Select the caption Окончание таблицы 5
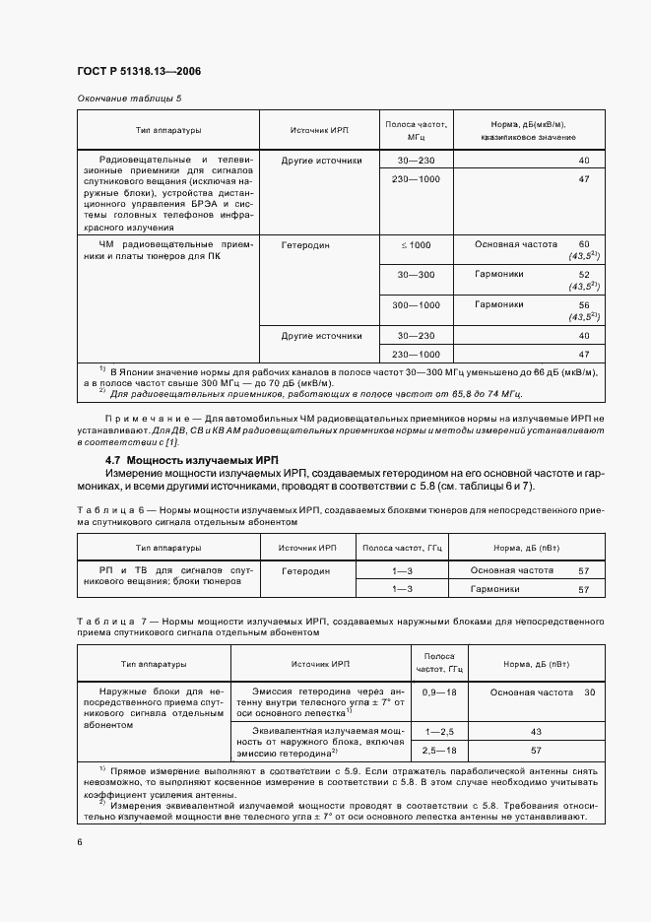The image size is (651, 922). (129, 99)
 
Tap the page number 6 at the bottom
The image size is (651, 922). (79, 841)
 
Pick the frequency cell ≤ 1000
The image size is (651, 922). (415, 244)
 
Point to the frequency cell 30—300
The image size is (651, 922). (415, 275)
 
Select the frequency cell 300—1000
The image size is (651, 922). (415, 305)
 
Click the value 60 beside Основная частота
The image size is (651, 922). (584, 243)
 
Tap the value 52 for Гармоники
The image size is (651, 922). (584, 275)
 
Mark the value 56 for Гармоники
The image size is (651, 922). (584, 305)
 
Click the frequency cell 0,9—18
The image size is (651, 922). (439, 692)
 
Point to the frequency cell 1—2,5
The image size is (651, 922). (439, 732)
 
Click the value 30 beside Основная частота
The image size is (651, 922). (589, 692)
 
